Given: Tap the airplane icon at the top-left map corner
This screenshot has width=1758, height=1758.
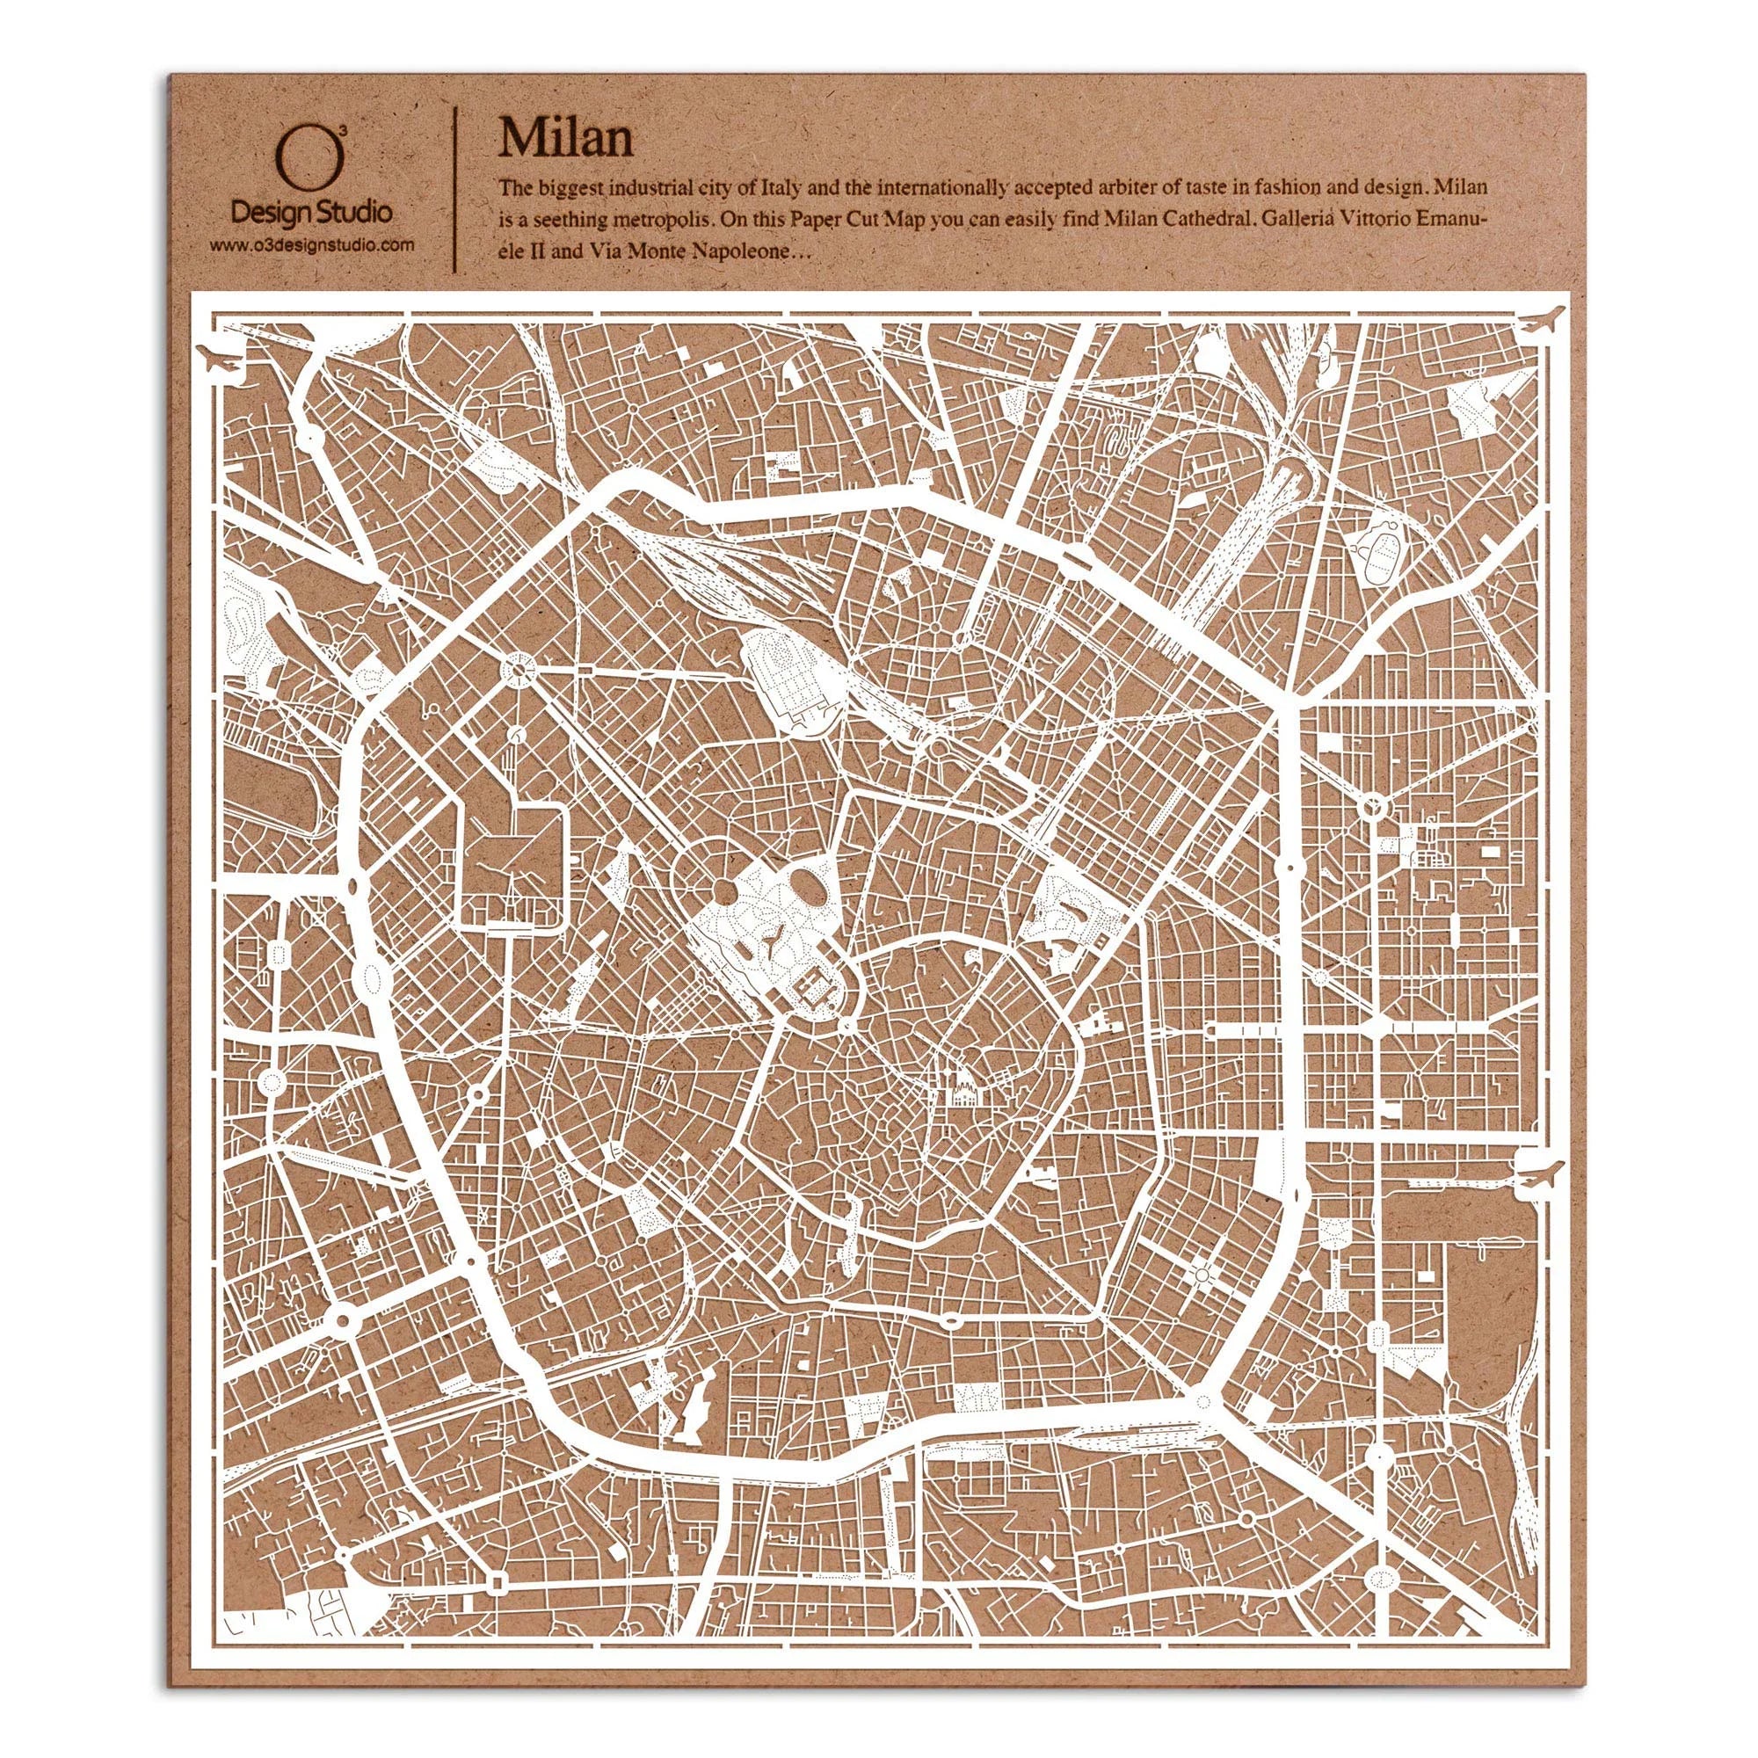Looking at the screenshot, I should tap(224, 360).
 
